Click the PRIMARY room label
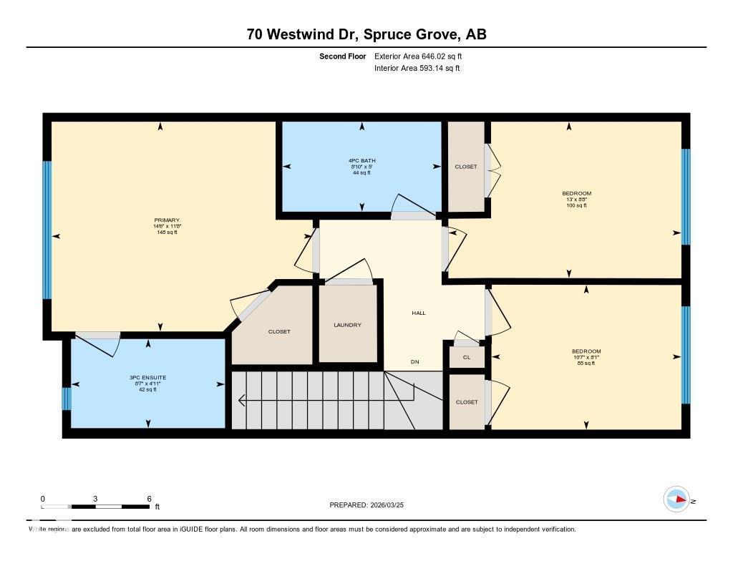[166, 220]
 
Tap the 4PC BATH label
[361, 161]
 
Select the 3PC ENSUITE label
[148, 377]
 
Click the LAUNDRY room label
[347, 325]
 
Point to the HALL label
[419, 313]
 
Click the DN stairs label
[414, 362]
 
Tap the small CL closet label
[467, 356]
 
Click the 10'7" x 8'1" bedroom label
[586, 357]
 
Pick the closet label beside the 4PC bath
[466, 167]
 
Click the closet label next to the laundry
[279, 331]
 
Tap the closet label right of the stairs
[467, 402]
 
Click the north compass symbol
[676, 499]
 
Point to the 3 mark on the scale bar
[94, 499]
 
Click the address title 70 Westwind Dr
[366, 34]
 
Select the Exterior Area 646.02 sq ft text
[413, 56]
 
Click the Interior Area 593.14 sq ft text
[417, 69]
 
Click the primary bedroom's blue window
[47, 230]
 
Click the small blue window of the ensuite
[67, 399]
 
